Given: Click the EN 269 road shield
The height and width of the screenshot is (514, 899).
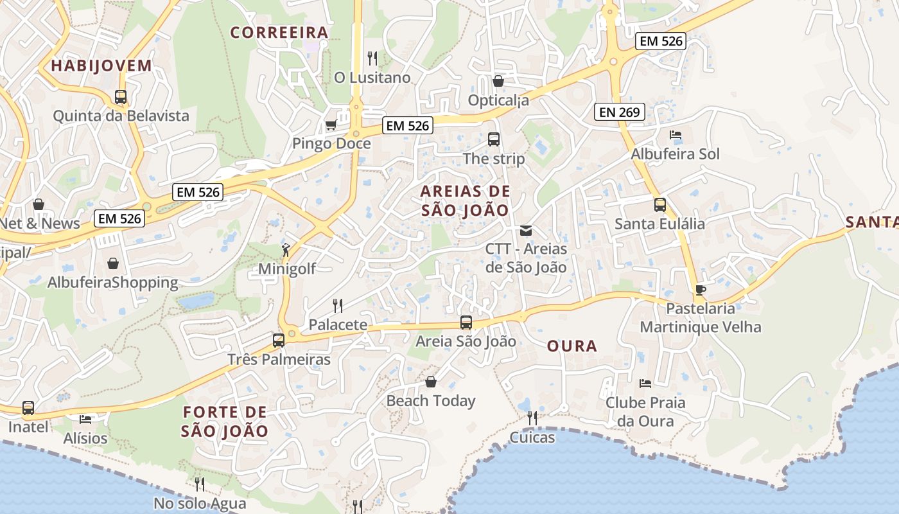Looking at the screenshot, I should [619, 112].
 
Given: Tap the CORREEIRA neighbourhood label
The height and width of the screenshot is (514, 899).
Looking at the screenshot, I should [279, 33].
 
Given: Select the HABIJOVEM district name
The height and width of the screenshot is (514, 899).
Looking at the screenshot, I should [101, 66].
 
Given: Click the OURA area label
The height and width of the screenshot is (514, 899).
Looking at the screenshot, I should [572, 346].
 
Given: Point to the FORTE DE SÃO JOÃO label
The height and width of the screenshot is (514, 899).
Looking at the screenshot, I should [224, 421].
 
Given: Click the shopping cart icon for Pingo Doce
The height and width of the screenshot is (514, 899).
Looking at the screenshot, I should [331, 125].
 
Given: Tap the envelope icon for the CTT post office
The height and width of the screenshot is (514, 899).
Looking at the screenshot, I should [526, 230].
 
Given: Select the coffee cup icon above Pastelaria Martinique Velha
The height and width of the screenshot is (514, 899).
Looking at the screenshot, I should [700, 290].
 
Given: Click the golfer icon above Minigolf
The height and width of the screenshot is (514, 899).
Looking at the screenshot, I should [286, 250].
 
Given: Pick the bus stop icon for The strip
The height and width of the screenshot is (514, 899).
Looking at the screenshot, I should [493, 139].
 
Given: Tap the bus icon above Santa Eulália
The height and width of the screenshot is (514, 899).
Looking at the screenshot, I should [659, 205].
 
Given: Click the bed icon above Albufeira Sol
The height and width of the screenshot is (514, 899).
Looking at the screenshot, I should [675, 136].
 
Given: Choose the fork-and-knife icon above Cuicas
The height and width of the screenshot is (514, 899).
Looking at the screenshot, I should [532, 418].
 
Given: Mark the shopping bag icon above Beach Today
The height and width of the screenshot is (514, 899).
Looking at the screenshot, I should [431, 382].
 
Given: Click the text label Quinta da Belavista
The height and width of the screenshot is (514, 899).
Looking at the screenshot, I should [121, 116].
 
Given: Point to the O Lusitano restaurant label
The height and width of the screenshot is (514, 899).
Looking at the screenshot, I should [372, 78].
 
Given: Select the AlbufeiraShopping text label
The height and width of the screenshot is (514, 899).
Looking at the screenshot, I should [113, 283].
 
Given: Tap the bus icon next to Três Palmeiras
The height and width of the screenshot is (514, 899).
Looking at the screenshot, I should [278, 340].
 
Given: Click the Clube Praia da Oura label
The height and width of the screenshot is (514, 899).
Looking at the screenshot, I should [645, 412].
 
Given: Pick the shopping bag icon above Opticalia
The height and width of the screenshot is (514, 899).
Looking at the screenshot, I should [498, 81].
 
